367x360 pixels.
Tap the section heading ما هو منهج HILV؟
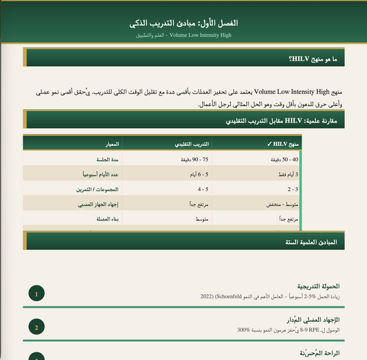[x=314, y=60]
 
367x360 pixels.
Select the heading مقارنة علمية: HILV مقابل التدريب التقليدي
[x=282, y=120]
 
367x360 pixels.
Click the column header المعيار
[x=109, y=144]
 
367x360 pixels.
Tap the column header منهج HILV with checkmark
[x=282, y=144]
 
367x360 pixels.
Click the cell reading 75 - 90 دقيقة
[x=195, y=160]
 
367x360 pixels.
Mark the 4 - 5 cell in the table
[x=203, y=189]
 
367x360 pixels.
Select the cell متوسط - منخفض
[x=282, y=204]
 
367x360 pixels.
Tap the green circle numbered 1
[x=36, y=294]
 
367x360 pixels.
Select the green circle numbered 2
[x=36, y=327]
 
